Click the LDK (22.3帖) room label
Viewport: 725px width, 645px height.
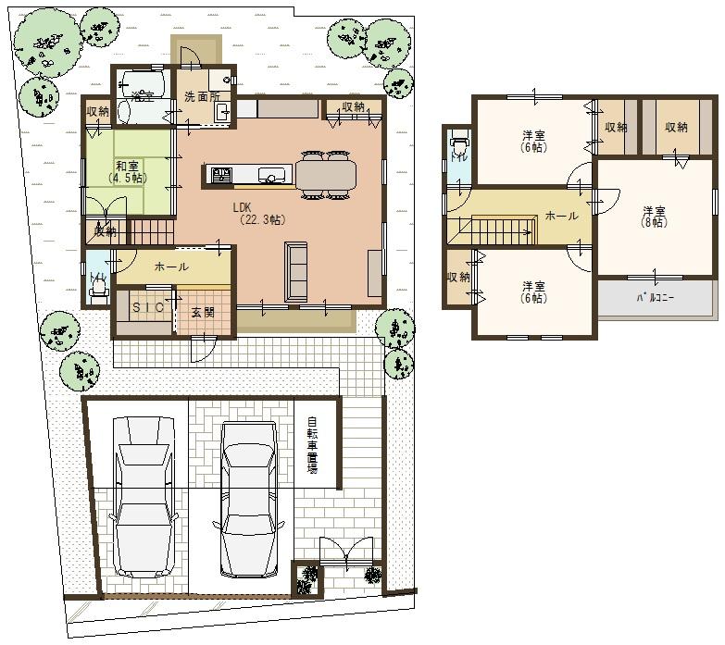coord(261,214)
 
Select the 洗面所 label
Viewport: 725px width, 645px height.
coord(201,96)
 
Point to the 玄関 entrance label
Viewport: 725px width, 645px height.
coord(203,313)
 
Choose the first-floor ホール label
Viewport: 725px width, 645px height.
coord(171,267)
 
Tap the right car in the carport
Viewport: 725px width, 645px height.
coord(248,500)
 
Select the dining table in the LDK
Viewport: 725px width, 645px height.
coord(325,173)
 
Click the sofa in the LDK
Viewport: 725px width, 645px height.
coord(296,271)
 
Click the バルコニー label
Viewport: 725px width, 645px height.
coord(655,299)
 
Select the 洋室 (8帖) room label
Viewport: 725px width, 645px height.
coord(655,217)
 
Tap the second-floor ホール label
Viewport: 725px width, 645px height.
coord(561,216)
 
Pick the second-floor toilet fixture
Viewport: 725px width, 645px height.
coord(459,145)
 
